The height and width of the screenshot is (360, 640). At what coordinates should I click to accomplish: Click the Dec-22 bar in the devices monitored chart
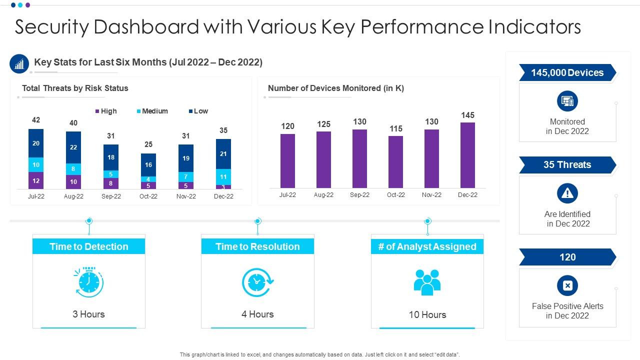467,155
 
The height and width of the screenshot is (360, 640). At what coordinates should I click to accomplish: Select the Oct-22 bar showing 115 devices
395,161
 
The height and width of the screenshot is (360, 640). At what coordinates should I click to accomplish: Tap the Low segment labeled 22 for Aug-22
73,147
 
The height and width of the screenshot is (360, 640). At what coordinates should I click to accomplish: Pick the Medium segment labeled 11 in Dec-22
223,176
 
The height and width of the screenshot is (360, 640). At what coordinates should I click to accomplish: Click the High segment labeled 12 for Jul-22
36,180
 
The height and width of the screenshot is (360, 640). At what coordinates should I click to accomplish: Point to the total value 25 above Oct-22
148,144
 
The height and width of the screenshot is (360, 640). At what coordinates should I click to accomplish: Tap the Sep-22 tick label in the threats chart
111,196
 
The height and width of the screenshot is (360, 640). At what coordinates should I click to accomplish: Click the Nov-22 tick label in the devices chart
431,195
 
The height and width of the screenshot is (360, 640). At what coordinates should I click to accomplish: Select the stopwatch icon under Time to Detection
89,282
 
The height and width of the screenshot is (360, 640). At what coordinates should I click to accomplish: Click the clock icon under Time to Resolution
257,282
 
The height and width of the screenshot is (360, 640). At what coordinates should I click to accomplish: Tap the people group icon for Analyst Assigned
427,282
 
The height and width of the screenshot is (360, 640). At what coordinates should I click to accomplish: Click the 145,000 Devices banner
567,73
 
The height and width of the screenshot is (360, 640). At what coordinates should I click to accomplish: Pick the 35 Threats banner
567,165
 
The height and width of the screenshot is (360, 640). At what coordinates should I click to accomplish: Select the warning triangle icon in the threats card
567,193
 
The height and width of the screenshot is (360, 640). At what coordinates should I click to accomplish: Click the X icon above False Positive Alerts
567,285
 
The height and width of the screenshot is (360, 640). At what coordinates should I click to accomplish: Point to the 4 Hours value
257,314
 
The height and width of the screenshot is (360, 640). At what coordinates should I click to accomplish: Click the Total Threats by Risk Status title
75,88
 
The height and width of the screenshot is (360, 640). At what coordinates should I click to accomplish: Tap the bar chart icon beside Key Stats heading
19,63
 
